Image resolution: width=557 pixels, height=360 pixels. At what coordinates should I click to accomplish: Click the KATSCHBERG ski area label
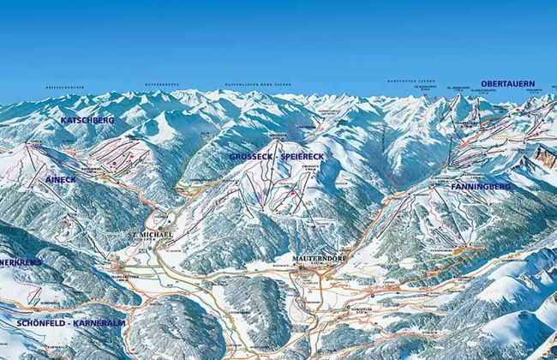pyautogui.click(x=87, y=121)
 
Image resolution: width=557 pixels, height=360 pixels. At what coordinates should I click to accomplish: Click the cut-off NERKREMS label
pyautogui.click(x=19, y=261)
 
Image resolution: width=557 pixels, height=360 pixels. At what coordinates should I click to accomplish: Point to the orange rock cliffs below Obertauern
pyautogui.click(x=544, y=157)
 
